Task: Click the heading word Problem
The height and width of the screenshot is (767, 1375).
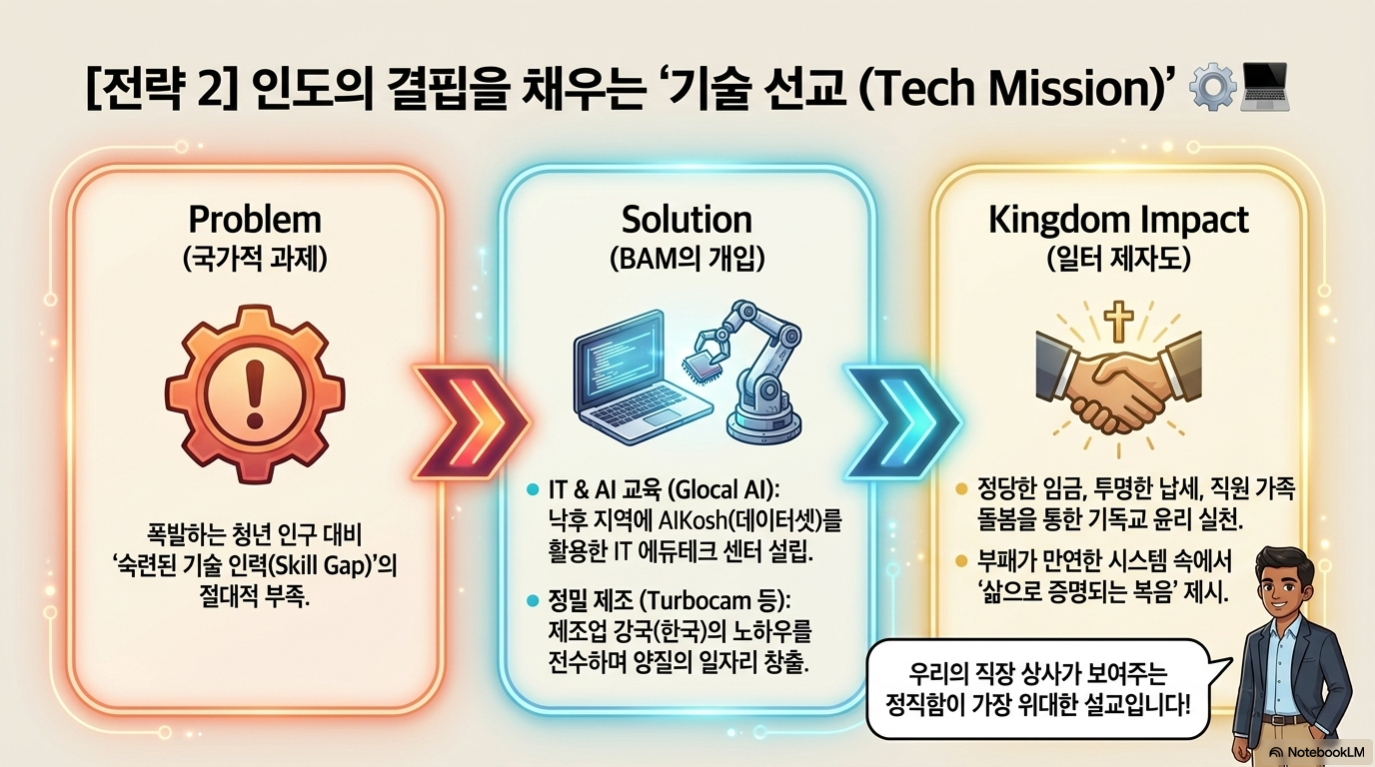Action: tap(256, 219)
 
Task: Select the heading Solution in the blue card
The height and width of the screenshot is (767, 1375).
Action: tap(687, 219)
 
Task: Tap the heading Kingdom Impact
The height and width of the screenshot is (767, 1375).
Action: tap(1118, 219)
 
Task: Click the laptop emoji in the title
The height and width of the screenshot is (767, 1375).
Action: tap(1264, 90)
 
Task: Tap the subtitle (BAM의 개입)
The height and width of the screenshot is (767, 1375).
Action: tap(687, 259)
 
